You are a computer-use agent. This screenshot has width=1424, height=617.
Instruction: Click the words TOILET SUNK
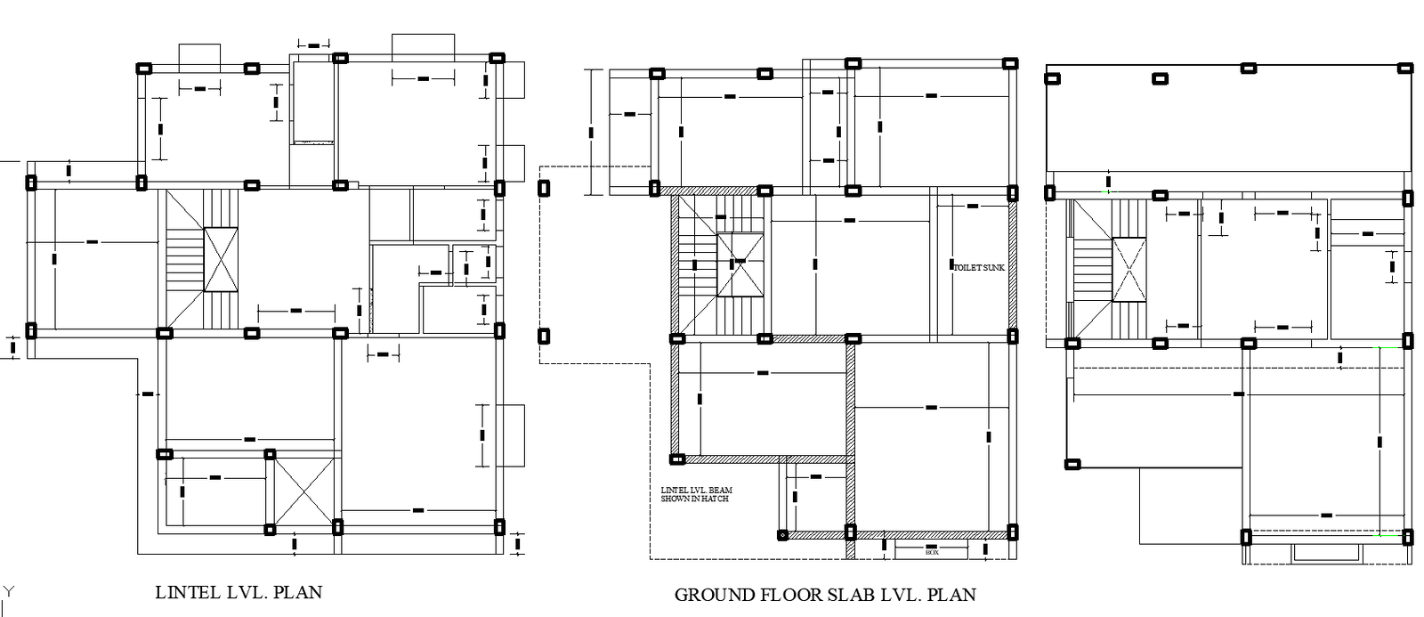(x=979, y=267)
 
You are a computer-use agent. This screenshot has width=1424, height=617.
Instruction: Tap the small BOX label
(x=932, y=553)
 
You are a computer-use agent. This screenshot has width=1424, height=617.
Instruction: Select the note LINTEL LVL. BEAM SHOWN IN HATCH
(x=696, y=494)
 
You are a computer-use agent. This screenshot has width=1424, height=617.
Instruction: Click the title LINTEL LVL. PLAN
(x=239, y=592)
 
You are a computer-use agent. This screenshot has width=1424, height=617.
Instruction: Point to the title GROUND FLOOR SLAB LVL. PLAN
(x=825, y=595)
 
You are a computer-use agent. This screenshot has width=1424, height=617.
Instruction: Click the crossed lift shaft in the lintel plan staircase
(x=221, y=259)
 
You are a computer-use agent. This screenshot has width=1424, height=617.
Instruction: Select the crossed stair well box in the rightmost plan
(x=1129, y=270)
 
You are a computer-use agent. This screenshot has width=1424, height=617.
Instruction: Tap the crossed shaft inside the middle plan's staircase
(x=740, y=264)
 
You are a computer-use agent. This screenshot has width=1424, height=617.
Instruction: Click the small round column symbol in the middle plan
(x=782, y=535)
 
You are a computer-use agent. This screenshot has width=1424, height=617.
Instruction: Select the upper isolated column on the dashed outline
(x=544, y=188)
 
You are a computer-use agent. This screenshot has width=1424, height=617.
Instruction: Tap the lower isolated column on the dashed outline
(x=544, y=337)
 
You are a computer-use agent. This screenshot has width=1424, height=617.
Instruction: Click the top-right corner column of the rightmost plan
(x=1404, y=68)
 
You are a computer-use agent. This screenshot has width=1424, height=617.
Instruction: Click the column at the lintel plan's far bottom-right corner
(x=498, y=526)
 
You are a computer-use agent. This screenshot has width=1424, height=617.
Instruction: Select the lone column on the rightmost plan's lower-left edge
(x=1072, y=464)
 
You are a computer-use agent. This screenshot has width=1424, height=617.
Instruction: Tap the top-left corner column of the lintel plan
(x=143, y=68)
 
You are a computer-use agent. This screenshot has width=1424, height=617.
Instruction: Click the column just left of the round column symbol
(x=850, y=532)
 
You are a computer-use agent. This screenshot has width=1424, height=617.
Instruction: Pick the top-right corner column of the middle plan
(x=1009, y=63)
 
